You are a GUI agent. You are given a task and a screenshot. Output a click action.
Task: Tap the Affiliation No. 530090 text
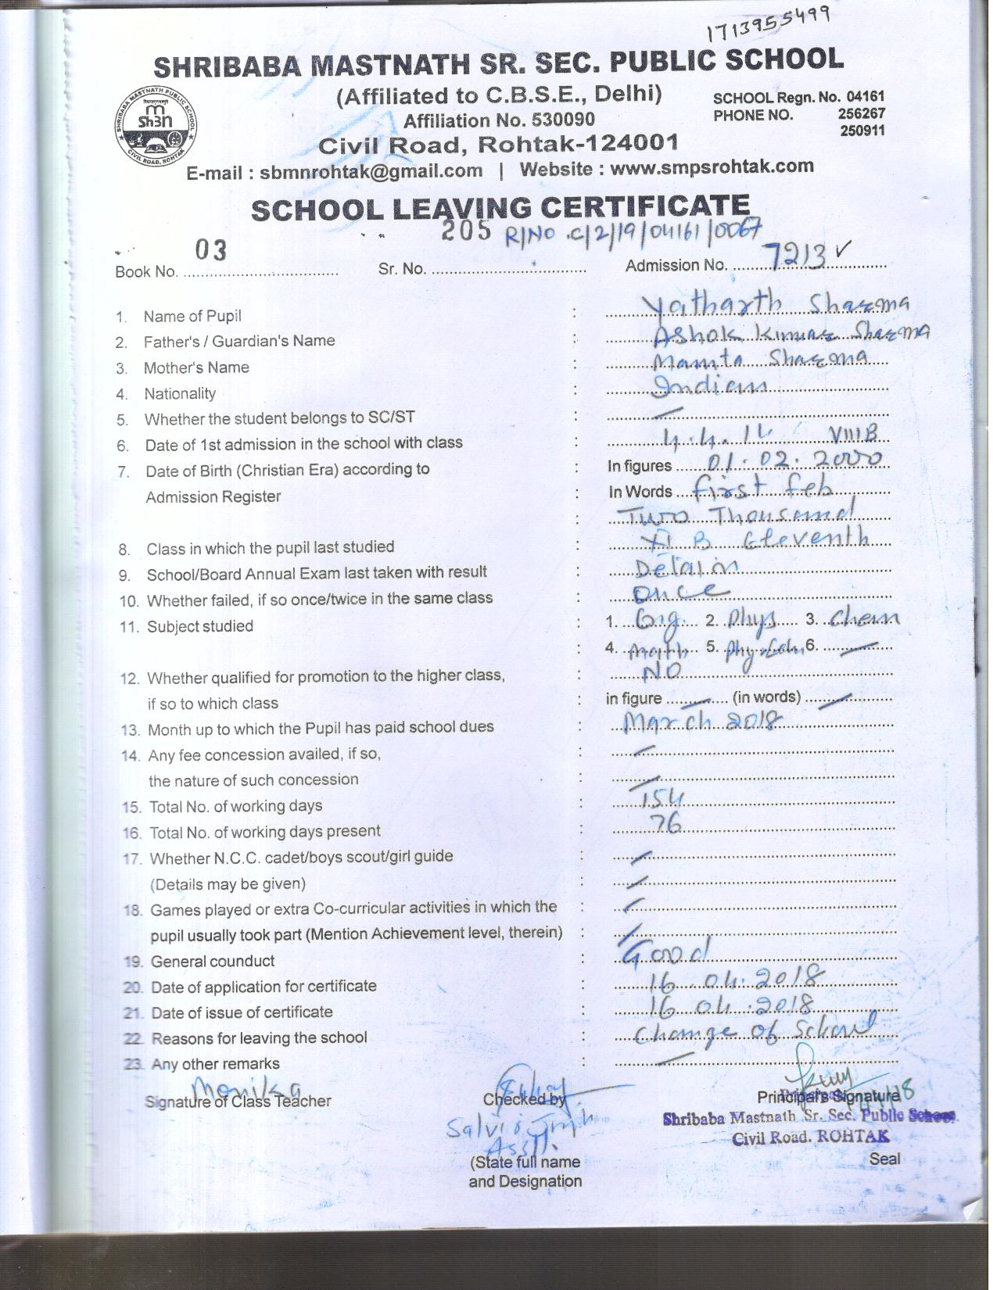pyautogui.click(x=499, y=120)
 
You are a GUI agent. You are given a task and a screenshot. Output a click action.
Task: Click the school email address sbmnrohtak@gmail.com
pyautogui.click(x=371, y=171)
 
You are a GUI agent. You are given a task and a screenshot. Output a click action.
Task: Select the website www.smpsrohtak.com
pyautogui.click(x=711, y=167)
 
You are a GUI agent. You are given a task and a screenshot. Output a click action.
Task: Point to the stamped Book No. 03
pyautogui.click(x=210, y=250)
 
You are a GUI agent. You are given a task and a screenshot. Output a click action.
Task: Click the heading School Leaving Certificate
pyautogui.click(x=500, y=208)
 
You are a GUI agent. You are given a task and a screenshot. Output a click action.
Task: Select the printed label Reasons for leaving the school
pyautogui.click(x=259, y=1037)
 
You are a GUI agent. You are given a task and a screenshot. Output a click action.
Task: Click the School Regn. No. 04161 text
pyautogui.click(x=798, y=98)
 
